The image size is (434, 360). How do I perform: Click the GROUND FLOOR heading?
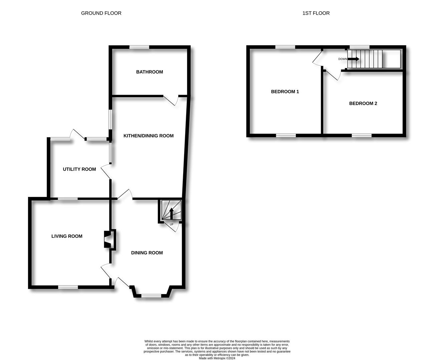[x=101, y=13]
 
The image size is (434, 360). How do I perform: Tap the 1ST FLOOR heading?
[x=316, y=13]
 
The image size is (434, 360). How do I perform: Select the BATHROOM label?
[x=149, y=72]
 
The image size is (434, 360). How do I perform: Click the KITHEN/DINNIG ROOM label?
[x=148, y=136]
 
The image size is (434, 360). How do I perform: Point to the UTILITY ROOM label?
[x=79, y=169]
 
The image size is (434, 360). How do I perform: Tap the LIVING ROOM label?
[x=67, y=236]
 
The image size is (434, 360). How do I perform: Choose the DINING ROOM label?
[x=147, y=253]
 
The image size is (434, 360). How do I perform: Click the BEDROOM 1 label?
[x=285, y=91]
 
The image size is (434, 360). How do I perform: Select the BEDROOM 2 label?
[x=363, y=103]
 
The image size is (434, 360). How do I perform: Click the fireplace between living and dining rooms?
[x=110, y=240]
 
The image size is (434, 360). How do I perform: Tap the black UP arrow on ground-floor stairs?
[x=171, y=213]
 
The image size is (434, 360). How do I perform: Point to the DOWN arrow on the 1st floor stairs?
[x=353, y=59]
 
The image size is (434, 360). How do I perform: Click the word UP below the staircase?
[x=171, y=224]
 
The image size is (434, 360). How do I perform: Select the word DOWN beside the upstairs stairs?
[x=343, y=59]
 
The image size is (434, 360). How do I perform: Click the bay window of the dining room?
[x=151, y=296]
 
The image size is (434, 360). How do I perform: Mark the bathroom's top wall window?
[x=139, y=47]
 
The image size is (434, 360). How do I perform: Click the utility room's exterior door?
[x=77, y=134]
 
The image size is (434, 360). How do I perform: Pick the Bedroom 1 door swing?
[x=317, y=59]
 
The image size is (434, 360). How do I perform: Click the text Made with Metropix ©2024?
[x=217, y=358]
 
